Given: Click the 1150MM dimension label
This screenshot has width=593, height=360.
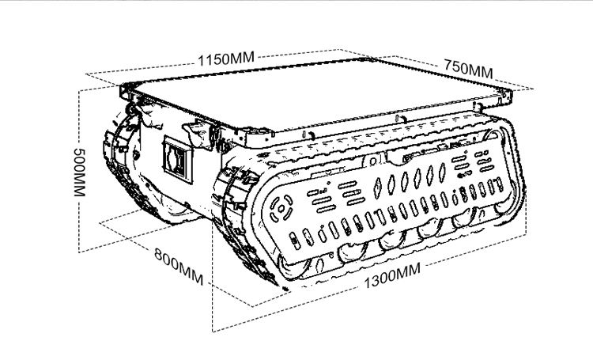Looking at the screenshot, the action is coord(226,59).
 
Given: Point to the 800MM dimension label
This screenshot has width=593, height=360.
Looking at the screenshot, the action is coord(178,267).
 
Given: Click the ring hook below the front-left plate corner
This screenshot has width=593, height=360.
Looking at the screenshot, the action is coord(147,119).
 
